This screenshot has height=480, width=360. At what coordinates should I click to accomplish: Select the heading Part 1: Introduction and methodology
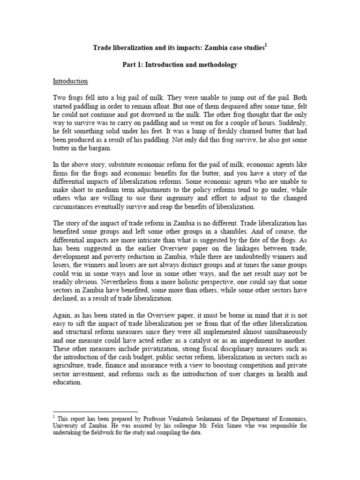pyautogui.click(x=180, y=65)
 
